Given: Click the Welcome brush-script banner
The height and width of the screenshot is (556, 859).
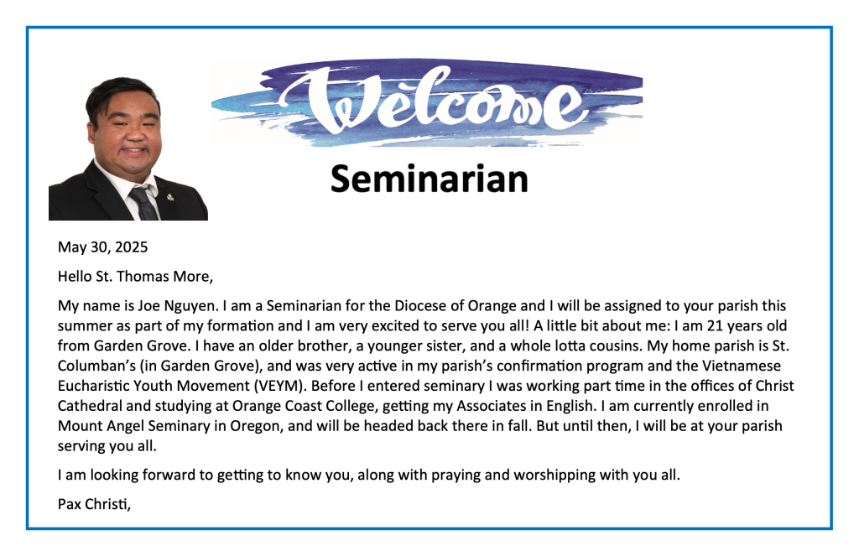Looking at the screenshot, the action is (x=427, y=102).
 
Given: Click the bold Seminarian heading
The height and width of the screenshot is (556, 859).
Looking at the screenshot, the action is (x=429, y=179).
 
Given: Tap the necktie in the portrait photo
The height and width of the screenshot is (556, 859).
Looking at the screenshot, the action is (x=143, y=203).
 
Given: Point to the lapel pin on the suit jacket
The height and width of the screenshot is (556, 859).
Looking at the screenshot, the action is (x=170, y=196).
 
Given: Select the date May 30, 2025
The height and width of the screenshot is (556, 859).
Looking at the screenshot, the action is (x=103, y=247).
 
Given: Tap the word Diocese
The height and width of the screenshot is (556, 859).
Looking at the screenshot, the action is (x=423, y=305).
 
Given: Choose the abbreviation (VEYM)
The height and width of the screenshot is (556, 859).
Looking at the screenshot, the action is (x=279, y=387).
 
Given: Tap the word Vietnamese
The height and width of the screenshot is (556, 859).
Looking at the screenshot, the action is (x=742, y=366).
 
